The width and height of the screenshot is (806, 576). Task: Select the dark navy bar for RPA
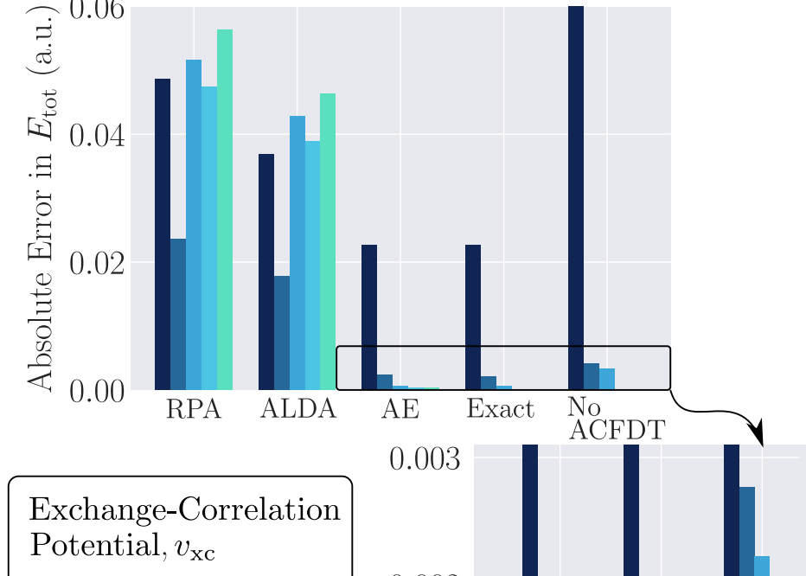point(163,234)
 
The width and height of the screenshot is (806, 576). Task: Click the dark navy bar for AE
point(369,317)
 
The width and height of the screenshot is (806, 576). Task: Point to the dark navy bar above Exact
point(473,317)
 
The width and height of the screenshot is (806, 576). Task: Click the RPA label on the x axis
point(194,409)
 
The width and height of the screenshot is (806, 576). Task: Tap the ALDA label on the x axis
point(297,409)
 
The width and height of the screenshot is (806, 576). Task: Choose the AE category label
point(400,409)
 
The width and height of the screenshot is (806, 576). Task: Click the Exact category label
point(501,408)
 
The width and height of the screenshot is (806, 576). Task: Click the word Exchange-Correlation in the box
point(184,510)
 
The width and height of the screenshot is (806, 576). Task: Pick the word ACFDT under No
point(617,431)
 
